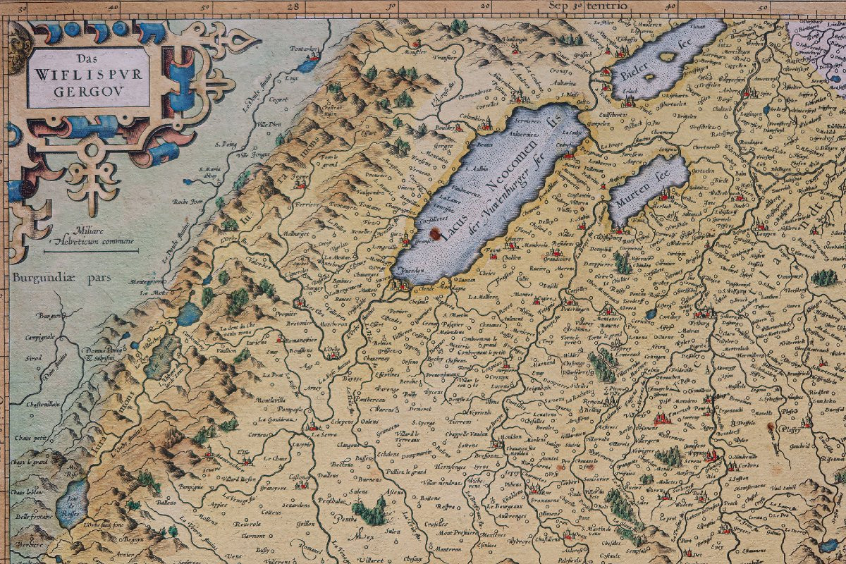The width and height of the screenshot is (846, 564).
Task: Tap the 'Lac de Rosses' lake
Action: tap(70, 502)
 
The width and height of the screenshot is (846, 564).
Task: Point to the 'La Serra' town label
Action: tap(331, 435)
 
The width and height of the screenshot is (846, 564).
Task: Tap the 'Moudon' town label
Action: tap(509, 438)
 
